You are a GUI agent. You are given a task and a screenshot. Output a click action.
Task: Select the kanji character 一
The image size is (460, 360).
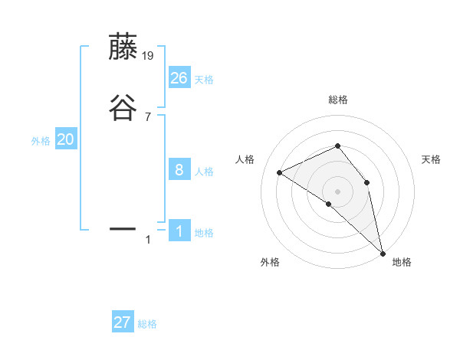[123, 228]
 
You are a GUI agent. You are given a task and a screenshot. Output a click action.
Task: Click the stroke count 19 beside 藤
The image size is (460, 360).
[148, 56]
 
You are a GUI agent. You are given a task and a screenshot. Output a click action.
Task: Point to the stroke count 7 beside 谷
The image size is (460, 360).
[148, 117]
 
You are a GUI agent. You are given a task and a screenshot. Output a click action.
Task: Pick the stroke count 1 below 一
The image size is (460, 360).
[148, 241]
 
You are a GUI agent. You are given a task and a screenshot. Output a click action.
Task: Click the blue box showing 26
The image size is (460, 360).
[179, 77]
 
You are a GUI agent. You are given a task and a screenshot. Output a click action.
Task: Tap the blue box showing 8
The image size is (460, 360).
[179, 169]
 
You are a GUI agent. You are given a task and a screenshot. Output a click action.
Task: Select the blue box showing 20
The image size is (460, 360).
[66, 139]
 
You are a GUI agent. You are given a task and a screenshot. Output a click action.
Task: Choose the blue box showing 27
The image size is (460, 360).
[123, 322]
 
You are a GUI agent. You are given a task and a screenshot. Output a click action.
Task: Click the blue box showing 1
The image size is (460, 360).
[179, 231]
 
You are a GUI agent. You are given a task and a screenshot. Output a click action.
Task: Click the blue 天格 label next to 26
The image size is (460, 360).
[204, 80]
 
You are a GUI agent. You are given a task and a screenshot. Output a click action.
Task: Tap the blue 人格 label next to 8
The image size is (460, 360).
[204, 172]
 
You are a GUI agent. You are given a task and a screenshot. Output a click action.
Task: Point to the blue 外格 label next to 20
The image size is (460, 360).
[41, 141]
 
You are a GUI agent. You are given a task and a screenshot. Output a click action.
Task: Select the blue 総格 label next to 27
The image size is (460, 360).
[147, 324]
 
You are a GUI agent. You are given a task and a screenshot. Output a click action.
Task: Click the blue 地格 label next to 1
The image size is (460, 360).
[204, 233]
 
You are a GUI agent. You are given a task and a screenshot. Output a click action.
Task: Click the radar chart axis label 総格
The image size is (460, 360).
[337, 100]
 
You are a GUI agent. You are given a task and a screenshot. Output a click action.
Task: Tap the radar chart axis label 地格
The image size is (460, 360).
[402, 262]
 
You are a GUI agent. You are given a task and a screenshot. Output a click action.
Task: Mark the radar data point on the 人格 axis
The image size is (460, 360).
[280, 172]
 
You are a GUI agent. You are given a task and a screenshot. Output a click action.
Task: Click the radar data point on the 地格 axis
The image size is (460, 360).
[383, 252]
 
